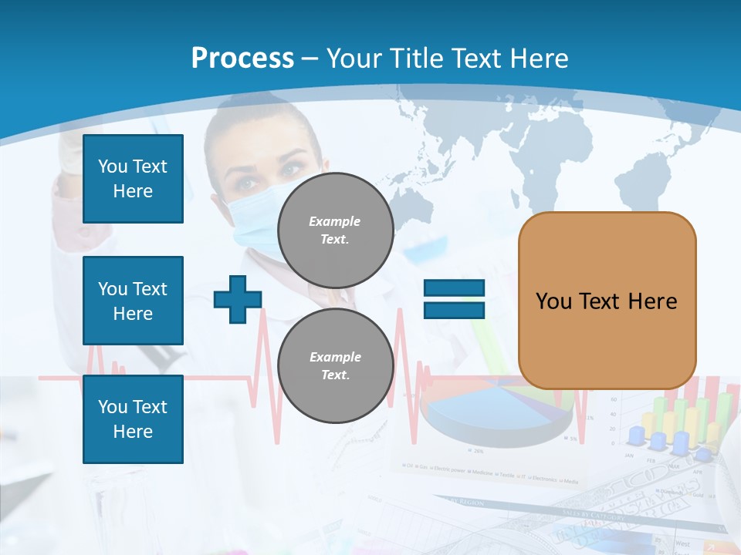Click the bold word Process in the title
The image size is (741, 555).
242,59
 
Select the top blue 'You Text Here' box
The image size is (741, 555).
133,179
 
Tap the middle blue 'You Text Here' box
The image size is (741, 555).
133,301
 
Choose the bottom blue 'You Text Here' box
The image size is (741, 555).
133,419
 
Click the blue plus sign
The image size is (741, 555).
237,299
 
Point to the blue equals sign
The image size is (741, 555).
454,299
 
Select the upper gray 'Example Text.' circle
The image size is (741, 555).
335,230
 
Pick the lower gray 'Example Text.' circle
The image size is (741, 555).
335,365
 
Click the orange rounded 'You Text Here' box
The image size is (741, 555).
607,301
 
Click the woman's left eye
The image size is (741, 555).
291,169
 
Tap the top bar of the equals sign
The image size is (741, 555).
454,288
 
